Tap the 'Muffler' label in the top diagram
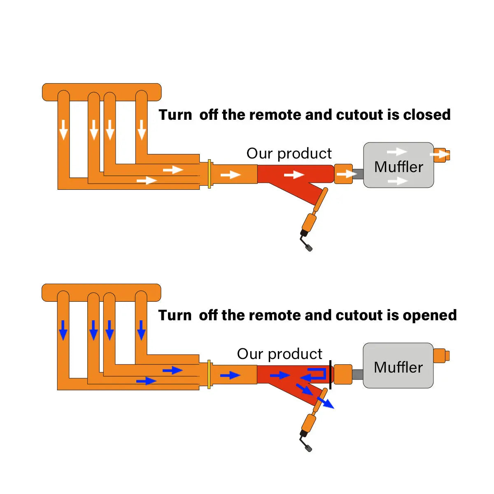(398, 167)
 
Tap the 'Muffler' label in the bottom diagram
(398, 367)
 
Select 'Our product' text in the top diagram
(289, 154)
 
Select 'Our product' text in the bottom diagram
(280, 354)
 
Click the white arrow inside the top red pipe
(294, 175)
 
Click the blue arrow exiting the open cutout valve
(326, 403)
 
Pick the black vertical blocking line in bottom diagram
(330, 374)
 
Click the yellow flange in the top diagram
(210, 174)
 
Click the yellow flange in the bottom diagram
(210, 374)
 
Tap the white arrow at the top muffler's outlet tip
(440, 155)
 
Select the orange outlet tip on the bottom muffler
(441, 356)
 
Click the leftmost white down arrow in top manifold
(63, 130)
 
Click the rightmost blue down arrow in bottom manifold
(141, 330)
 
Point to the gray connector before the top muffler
(358, 174)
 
